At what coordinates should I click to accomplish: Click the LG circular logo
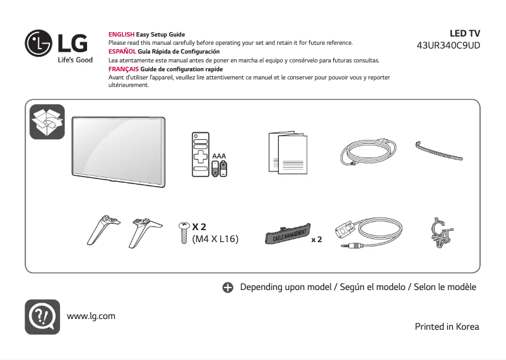pos(38,42)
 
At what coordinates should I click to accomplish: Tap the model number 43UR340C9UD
pos(449,45)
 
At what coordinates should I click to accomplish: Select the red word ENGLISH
pos(122,34)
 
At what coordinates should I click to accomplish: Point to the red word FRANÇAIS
pos(124,69)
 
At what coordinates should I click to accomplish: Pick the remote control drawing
pos(201,155)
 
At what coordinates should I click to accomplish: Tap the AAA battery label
pos(219,155)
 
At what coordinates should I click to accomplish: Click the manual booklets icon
pos(287,153)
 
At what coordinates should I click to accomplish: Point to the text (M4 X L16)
pos(215,239)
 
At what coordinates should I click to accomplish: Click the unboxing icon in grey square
pos(47,122)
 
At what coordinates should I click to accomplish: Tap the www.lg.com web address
pos(91,316)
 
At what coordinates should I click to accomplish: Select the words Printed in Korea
pos(447,327)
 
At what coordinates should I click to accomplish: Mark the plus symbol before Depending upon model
pos(228,287)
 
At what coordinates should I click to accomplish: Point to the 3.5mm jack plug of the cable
pos(348,246)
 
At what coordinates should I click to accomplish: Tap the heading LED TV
pos(464,33)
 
